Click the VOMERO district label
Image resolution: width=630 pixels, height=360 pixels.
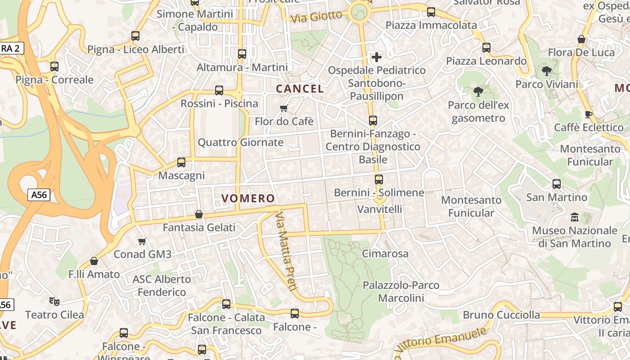(248, 198)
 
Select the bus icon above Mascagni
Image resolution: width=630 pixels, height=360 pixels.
(181, 162)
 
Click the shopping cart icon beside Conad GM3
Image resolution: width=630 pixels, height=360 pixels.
(142, 242)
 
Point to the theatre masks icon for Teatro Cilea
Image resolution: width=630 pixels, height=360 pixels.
(54, 301)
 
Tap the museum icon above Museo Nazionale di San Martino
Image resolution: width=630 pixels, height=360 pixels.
(575, 217)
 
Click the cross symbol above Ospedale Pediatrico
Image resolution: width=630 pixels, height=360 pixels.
(377, 57)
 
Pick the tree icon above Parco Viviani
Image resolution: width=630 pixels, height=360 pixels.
(547, 71)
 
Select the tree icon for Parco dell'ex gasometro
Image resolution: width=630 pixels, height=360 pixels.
(478, 92)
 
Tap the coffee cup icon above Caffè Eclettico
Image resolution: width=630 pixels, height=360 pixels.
(588, 114)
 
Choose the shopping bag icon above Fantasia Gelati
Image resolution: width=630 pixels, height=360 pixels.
(199, 215)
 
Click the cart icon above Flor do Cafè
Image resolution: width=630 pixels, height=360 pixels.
(283, 108)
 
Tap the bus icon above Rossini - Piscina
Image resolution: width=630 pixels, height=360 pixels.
(219, 90)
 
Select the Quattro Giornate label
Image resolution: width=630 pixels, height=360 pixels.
(241, 143)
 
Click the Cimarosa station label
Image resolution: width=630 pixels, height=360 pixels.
(385, 254)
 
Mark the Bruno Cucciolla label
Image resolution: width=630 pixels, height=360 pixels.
(501, 315)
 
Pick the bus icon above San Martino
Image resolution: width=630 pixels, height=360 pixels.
(557, 184)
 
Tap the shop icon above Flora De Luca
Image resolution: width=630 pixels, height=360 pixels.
(581, 40)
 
